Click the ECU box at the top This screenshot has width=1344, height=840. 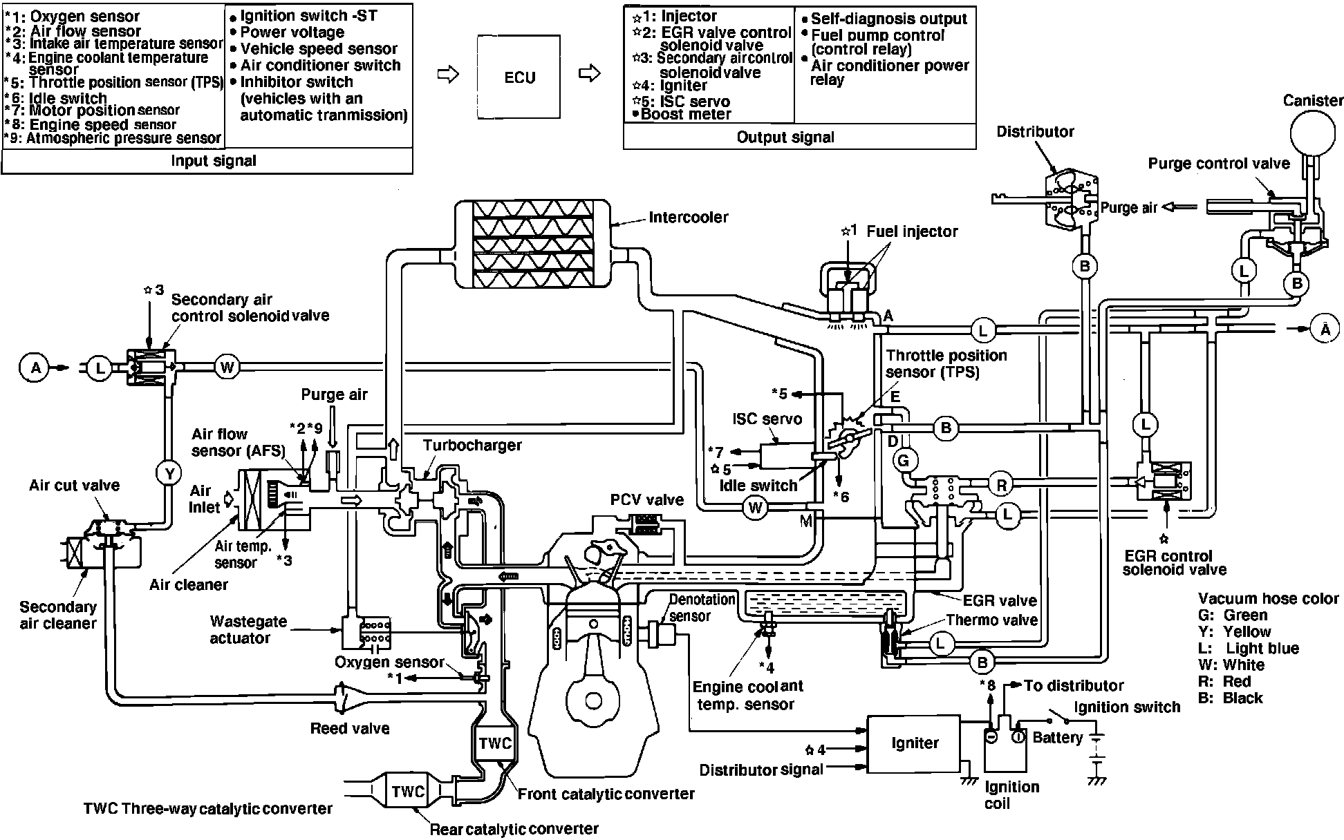click(519, 77)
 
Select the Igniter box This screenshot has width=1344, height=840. click(914, 743)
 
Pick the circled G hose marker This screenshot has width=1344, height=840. click(904, 460)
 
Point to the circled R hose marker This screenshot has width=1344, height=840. click(1002, 485)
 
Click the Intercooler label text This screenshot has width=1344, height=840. click(688, 217)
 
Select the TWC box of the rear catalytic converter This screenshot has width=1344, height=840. click(408, 791)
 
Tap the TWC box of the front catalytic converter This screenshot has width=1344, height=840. click(495, 743)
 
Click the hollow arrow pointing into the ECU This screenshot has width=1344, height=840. click(449, 75)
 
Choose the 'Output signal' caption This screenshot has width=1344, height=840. click(785, 137)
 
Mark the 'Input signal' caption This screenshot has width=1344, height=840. click(213, 161)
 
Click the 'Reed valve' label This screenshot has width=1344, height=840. click(350, 728)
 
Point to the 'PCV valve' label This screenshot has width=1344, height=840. click(646, 499)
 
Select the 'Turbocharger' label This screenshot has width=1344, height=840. click(472, 445)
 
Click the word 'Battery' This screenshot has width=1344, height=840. click(1057, 738)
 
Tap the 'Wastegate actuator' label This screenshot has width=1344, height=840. click(248, 629)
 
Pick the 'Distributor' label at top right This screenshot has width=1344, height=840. click(1035, 131)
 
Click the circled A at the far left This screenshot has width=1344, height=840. click(35, 367)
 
